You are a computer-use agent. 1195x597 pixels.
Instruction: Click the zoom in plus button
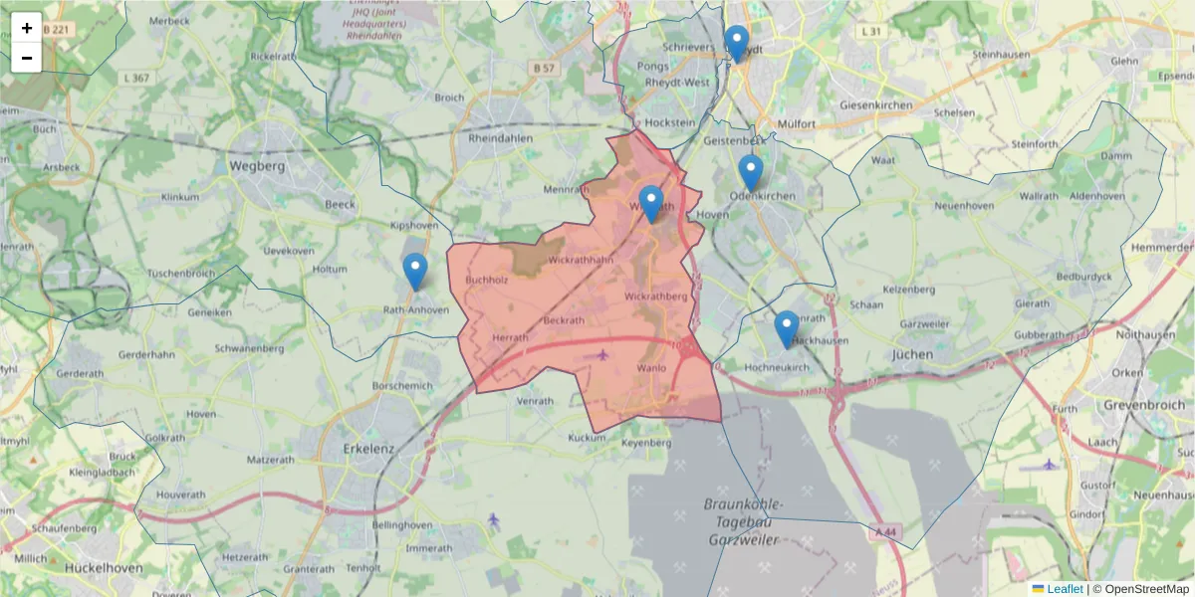(x=27, y=28)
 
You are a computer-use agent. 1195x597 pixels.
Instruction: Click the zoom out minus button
(x=27, y=58)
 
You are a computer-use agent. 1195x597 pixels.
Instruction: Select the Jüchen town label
(x=913, y=353)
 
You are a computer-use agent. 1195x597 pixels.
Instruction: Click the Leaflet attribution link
(x=1064, y=589)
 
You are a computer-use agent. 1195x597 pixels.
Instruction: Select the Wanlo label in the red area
(x=650, y=367)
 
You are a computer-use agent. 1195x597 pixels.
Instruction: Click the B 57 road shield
(x=543, y=67)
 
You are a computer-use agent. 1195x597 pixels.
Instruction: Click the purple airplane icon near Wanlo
(x=601, y=354)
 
